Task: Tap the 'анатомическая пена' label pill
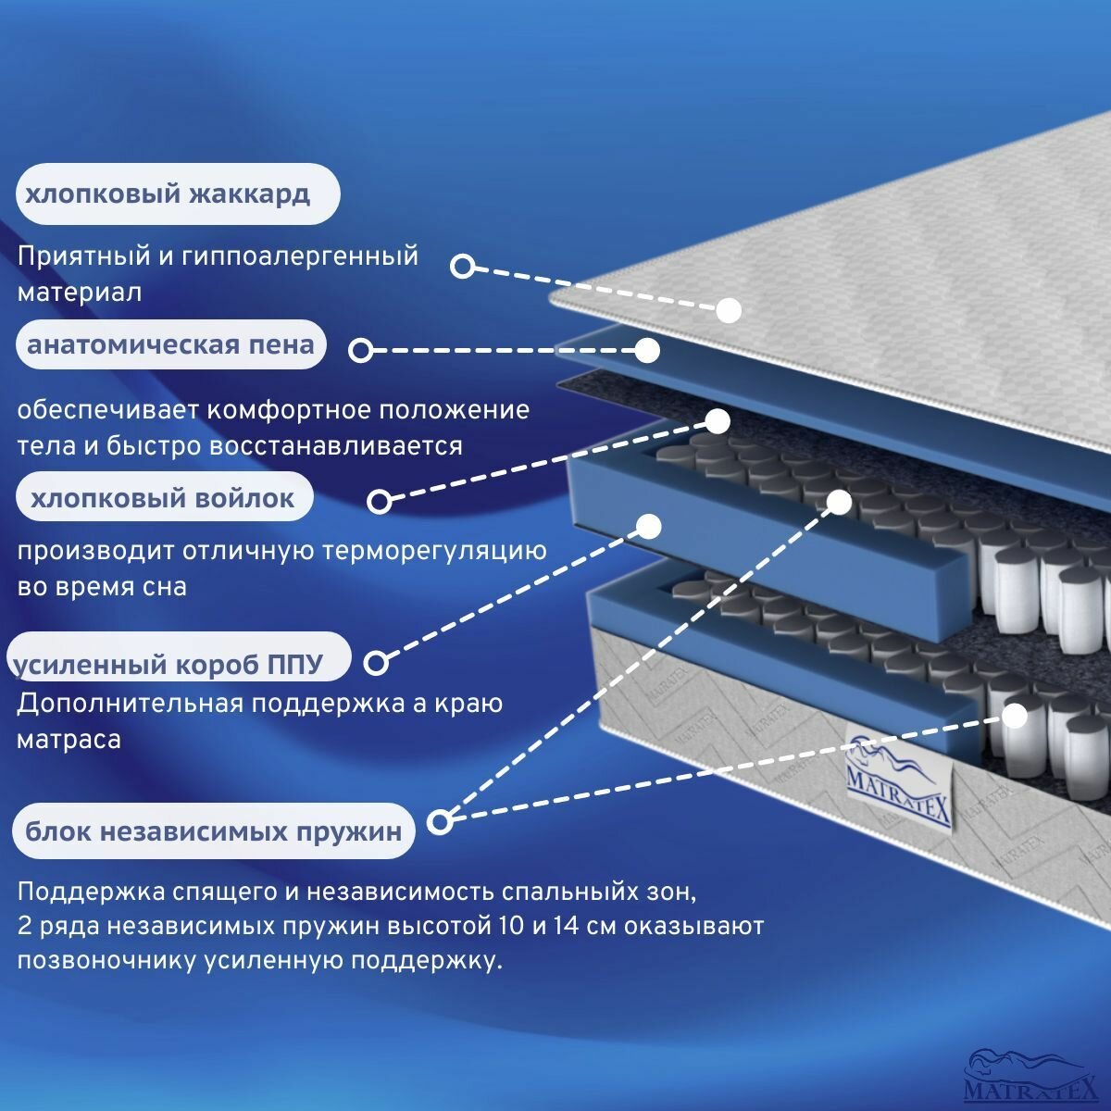[x=171, y=345]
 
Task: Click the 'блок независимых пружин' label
[x=214, y=830]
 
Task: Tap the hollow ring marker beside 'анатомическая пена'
[x=361, y=350]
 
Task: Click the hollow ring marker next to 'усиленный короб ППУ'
[x=376, y=663]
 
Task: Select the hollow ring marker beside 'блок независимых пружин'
[x=441, y=820]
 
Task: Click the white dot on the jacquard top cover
[x=729, y=309]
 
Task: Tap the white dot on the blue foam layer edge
[x=647, y=350]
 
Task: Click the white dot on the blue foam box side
[x=649, y=526]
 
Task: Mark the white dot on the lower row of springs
[x=1015, y=716]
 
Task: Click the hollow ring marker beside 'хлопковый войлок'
[x=380, y=501]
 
